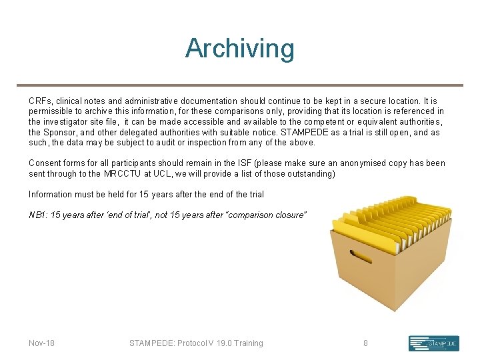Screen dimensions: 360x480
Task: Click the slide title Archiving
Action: (x=239, y=49)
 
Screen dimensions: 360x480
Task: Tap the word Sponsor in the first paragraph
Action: (x=60, y=132)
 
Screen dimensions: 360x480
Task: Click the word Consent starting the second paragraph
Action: (x=45, y=163)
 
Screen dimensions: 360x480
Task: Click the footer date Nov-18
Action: (x=41, y=343)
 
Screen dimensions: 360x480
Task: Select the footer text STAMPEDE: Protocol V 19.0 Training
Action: (x=196, y=343)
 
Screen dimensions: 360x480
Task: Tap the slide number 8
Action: (x=365, y=343)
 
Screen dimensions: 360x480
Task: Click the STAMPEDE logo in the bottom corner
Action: (x=433, y=343)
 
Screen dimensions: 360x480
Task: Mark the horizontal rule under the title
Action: (x=239, y=85)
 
